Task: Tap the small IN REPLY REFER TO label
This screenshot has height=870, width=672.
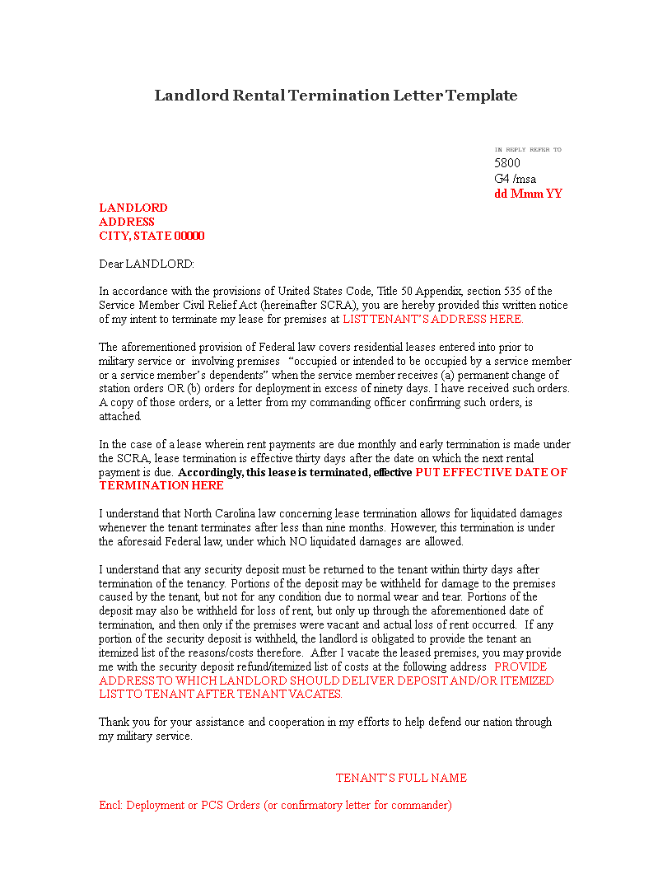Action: pyautogui.click(x=528, y=150)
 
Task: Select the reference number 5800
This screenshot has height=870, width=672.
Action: pyautogui.click(x=507, y=163)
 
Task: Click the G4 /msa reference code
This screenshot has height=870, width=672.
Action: pyautogui.click(x=515, y=179)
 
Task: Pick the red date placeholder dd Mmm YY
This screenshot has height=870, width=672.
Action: pyautogui.click(x=528, y=194)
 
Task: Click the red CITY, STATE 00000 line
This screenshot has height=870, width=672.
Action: pyautogui.click(x=152, y=236)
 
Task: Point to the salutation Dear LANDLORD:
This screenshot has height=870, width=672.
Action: pyautogui.click(x=147, y=264)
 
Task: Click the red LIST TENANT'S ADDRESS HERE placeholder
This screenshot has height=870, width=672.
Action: pyautogui.click(x=432, y=319)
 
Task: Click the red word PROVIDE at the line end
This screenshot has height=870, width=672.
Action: pyautogui.click(x=520, y=667)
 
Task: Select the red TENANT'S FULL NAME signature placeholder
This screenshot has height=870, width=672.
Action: pyautogui.click(x=401, y=778)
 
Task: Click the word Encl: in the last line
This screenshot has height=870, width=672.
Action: pyautogui.click(x=111, y=805)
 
